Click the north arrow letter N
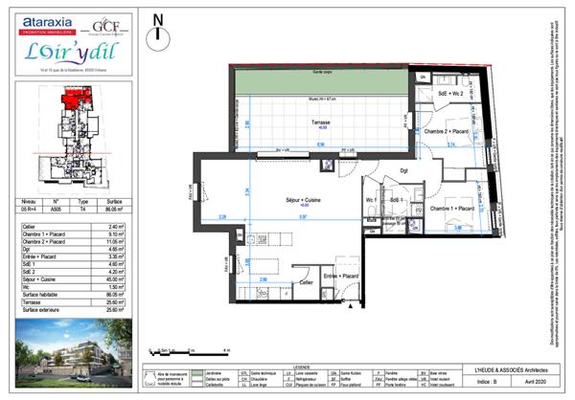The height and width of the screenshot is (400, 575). pos(159,18)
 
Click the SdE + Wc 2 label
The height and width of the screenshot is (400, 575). pos(450,94)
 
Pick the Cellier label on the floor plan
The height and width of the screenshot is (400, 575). pos(305,282)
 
